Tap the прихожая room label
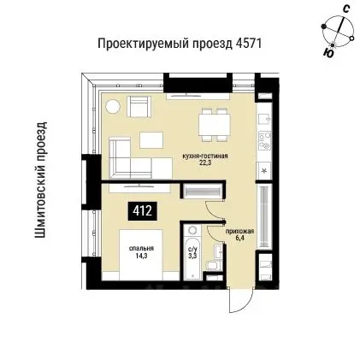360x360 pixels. pos(237,231)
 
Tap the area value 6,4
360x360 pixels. pos(238,237)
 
